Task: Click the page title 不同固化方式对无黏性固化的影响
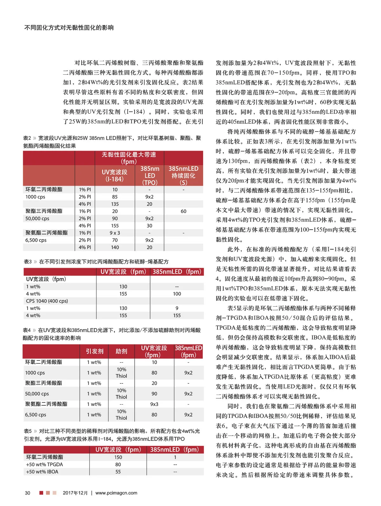tap(69, 28)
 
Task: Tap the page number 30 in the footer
tap(28, 493)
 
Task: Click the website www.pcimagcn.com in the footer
tap(116, 493)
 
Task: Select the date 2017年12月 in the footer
tap(75, 493)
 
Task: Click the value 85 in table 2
tap(115, 197)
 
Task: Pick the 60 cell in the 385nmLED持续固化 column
tap(184, 211)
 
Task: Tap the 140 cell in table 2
tap(115, 247)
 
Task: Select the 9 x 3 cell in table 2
tap(115, 233)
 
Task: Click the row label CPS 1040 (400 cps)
tap(47, 301)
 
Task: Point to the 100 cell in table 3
tap(177, 294)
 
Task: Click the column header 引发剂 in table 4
tap(95, 351)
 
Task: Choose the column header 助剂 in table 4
tap(121, 351)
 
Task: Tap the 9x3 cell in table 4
tap(154, 404)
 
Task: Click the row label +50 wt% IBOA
tap(42, 472)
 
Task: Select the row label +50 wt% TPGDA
tap(44, 464)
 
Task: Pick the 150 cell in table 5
tap(118, 457)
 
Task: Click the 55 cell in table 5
tap(118, 472)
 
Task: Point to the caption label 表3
tap(28, 262)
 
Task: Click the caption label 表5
tap(28, 431)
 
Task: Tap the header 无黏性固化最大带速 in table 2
tap(129, 155)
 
